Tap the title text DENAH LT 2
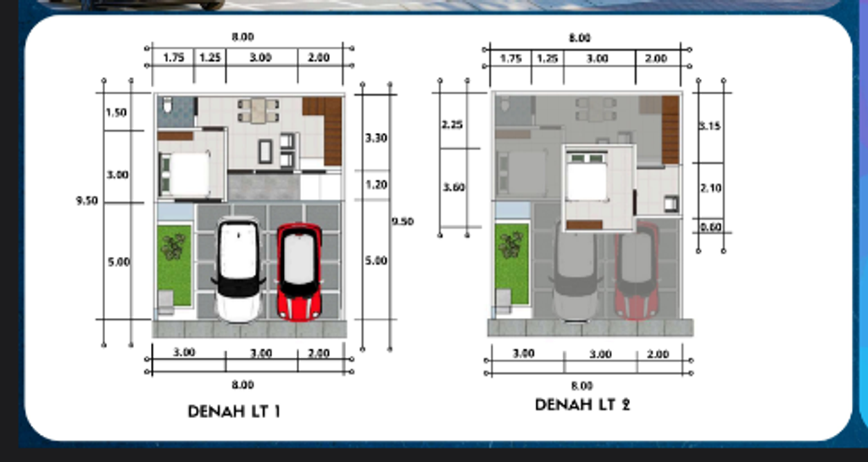click(x=582, y=405)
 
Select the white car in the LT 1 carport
click(x=238, y=270)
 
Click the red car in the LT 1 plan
click(x=299, y=271)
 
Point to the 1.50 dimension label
click(x=116, y=113)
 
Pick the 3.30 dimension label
click(x=376, y=137)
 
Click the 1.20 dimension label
click(x=376, y=184)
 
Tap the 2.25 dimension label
click(x=452, y=125)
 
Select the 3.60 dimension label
click(x=453, y=187)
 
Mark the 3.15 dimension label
click(x=709, y=126)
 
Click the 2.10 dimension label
click(x=709, y=188)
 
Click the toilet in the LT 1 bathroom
click(x=167, y=106)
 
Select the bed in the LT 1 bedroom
click(x=185, y=174)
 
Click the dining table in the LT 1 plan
click(x=258, y=110)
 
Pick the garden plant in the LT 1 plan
click(x=174, y=247)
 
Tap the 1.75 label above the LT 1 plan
click(x=173, y=58)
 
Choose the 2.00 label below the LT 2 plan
click(x=655, y=353)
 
